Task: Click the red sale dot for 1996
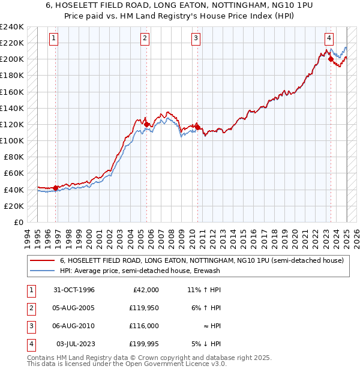[x=56, y=188]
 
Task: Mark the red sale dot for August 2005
[x=146, y=124]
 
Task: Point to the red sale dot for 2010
[x=197, y=127]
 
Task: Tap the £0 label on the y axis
[x=18, y=222]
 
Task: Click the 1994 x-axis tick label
[x=28, y=238]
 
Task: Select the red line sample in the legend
[x=41, y=261]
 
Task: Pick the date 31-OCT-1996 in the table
[x=74, y=290]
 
